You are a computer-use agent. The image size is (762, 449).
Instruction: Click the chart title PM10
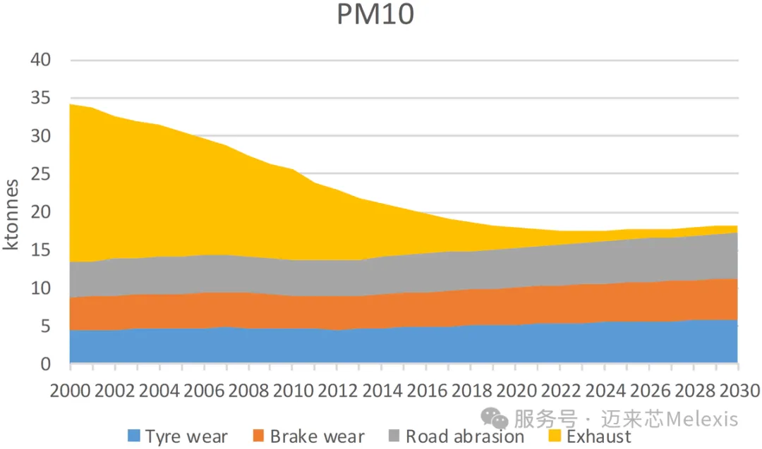click(375, 15)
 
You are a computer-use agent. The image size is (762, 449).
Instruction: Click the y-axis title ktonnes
click(12, 214)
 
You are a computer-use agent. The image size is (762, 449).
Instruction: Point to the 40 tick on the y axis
click(41, 60)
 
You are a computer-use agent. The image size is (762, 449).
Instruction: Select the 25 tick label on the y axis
click(41, 174)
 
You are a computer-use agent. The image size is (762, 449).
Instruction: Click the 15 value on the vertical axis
click(41, 250)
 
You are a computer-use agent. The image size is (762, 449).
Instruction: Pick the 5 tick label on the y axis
click(46, 326)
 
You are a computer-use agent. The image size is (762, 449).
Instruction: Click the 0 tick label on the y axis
click(46, 364)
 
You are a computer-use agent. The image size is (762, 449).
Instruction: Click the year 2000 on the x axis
click(71, 390)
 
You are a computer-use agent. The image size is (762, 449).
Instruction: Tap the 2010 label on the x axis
click(294, 390)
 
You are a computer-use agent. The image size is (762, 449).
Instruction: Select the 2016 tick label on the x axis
click(427, 390)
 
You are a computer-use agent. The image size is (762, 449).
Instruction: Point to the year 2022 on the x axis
click(560, 390)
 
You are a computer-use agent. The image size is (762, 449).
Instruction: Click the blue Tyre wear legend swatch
click(134, 436)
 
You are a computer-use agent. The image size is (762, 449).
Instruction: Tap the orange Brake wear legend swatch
click(258, 436)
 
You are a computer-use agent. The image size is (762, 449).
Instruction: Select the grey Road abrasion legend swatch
click(394, 436)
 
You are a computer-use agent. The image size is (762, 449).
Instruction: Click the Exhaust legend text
click(599, 436)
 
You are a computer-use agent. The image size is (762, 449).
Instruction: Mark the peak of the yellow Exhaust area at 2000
click(71, 104)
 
